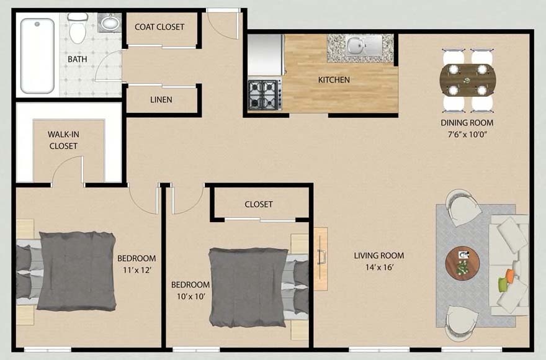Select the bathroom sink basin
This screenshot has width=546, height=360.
[x=110, y=23]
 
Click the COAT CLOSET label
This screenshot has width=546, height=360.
[x=160, y=27]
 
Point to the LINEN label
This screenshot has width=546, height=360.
[x=161, y=99]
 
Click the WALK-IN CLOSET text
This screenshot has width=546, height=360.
[x=63, y=140]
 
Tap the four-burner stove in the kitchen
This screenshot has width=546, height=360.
[x=265, y=94]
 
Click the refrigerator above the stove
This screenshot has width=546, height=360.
[x=266, y=54]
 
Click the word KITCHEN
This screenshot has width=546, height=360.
[x=334, y=79]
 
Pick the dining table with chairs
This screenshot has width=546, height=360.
[x=468, y=79]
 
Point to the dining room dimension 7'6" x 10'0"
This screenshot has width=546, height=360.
[x=467, y=135]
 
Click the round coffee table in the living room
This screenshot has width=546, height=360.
[x=462, y=262]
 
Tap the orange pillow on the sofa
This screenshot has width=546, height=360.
[x=510, y=275]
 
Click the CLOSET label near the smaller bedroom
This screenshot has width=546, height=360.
[x=259, y=204]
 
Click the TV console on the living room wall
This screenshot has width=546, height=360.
[x=320, y=259]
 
